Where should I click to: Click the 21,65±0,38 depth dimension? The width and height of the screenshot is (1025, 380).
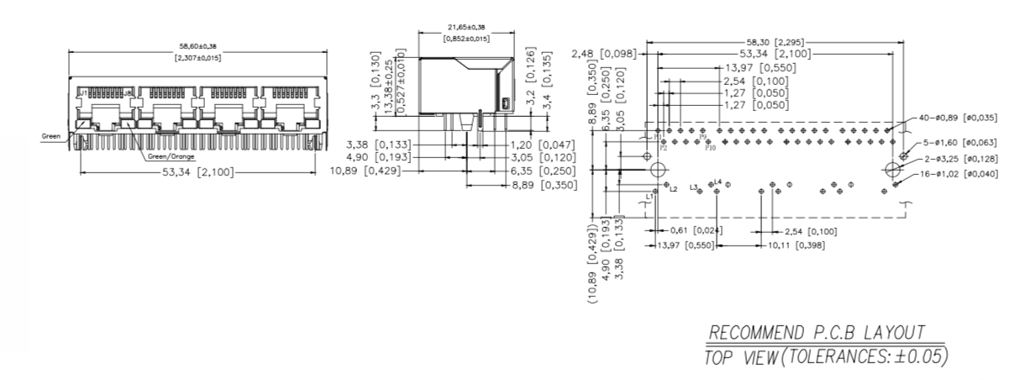[x=466, y=27]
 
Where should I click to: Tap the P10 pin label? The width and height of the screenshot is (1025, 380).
[x=711, y=148]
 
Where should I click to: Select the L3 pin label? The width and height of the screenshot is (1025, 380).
[x=694, y=187]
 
